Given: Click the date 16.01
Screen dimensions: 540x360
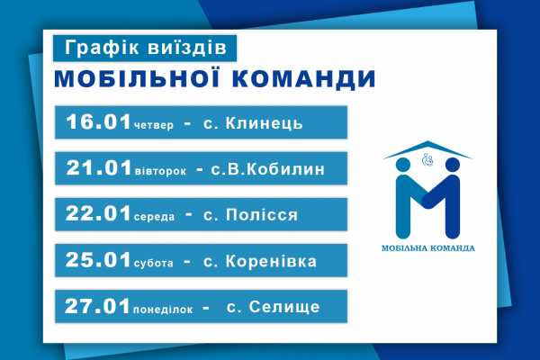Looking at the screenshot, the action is (x=98, y=121).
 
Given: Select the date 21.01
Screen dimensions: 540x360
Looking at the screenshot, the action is (x=99, y=167).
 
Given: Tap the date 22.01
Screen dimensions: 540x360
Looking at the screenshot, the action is (x=98, y=213).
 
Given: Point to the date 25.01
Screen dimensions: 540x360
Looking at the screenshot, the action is (x=98, y=259).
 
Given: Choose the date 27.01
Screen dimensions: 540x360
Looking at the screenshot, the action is (x=97, y=306).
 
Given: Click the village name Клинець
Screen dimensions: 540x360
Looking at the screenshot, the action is (x=264, y=123).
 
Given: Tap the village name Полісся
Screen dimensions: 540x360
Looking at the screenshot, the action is (x=262, y=215).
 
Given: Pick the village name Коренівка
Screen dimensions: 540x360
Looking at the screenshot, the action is (x=271, y=261).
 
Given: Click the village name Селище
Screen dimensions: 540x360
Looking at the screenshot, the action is (x=284, y=307).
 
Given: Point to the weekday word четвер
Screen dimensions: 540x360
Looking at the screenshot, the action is (x=154, y=125).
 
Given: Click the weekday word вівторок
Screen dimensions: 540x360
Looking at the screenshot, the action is (x=160, y=171).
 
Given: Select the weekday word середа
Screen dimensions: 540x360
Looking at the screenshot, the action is (x=154, y=217).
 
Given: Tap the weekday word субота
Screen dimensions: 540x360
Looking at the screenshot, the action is (x=154, y=263).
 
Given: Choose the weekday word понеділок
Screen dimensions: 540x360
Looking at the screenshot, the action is (x=163, y=309).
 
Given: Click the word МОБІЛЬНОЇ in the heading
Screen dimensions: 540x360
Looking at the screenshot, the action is (x=137, y=78).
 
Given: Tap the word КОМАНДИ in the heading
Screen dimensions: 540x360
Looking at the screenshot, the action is (x=304, y=79).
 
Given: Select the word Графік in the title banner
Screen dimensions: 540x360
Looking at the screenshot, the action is (x=103, y=48).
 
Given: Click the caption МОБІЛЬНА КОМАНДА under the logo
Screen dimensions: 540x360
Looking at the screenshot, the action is (x=428, y=248).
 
